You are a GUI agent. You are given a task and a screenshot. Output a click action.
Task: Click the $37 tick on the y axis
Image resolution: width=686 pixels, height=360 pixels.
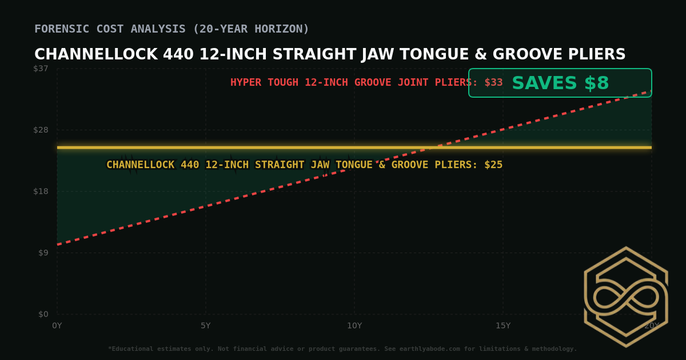(x=41, y=69)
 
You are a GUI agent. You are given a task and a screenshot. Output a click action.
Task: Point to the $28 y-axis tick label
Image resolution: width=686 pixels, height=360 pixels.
(x=41, y=130)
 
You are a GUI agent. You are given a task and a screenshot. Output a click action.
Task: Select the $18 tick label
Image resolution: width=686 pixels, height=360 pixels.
(x=41, y=191)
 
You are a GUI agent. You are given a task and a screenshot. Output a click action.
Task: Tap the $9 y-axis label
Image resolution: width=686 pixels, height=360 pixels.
(x=42, y=253)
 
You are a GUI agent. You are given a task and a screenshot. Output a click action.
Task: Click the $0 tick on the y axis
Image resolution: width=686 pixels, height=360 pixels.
(x=43, y=314)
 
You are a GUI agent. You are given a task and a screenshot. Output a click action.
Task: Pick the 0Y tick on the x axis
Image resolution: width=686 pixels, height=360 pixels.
(x=57, y=326)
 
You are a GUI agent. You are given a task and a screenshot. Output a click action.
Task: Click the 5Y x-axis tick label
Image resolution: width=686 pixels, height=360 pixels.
(x=206, y=326)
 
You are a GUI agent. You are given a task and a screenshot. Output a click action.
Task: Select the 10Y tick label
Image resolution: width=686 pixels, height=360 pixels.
(x=354, y=326)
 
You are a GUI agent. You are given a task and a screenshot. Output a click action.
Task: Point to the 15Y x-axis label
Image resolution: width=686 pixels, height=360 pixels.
(x=503, y=326)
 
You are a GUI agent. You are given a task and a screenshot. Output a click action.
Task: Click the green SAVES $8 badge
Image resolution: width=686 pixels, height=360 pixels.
(x=560, y=83)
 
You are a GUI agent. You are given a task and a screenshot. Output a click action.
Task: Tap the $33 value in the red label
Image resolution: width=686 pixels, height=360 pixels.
(x=493, y=82)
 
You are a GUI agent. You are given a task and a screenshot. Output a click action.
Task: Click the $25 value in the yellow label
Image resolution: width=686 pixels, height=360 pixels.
(x=493, y=165)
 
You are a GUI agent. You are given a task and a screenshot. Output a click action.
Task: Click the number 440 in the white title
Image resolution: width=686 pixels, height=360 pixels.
(x=178, y=55)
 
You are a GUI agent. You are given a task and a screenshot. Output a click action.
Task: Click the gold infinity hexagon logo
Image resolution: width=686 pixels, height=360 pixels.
(x=625, y=297)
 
